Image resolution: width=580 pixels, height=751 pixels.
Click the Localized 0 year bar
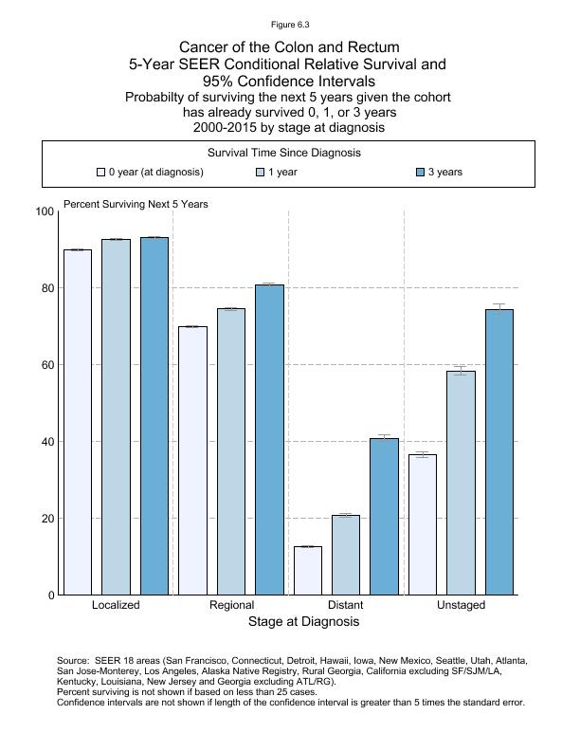point(78,422)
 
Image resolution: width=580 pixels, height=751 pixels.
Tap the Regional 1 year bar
point(231,451)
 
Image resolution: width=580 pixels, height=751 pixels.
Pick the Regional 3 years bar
point(269,439)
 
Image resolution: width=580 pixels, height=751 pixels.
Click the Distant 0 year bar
point(308,570)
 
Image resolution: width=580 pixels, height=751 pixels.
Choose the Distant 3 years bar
point(385,516)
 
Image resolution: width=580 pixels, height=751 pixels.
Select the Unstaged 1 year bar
point(461,483)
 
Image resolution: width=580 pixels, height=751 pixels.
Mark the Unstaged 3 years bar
point(499,451)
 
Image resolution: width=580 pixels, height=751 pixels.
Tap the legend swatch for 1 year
point(261,173)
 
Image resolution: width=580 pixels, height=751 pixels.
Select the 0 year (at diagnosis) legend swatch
point(100,173)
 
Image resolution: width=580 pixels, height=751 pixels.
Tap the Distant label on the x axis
point(345,605)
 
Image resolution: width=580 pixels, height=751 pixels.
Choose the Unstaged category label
point(461,605)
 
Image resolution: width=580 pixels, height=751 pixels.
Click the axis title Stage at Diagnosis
point(303,622)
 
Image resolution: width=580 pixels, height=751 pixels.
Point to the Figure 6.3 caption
point(289,24)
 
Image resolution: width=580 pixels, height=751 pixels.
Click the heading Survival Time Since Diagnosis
point(289,153)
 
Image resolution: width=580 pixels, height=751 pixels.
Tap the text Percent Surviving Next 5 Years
point(136,204)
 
